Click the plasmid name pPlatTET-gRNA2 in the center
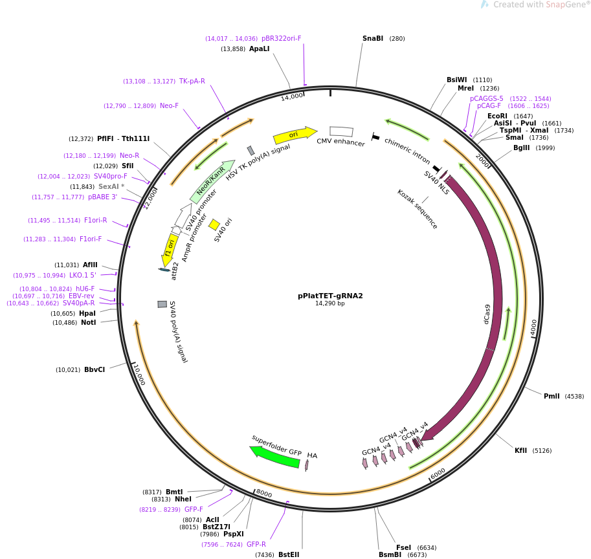point(330,296)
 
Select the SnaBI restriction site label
point(373,38)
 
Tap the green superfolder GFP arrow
point(275,456)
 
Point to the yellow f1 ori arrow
point(169,250)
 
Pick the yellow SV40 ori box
point(214,225)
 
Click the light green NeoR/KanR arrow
point(212,182)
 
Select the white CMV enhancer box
point(341,131)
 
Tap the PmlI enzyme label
point(552,396)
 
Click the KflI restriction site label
point(520,450)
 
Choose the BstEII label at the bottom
point(289,554)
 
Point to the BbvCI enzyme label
point(94,369)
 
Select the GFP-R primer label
point(256,544)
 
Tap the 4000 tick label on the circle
point(534,328)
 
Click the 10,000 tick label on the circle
point(139,375)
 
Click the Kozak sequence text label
point(417,208)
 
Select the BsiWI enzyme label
point(456,80)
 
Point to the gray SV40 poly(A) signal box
point(162,304)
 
